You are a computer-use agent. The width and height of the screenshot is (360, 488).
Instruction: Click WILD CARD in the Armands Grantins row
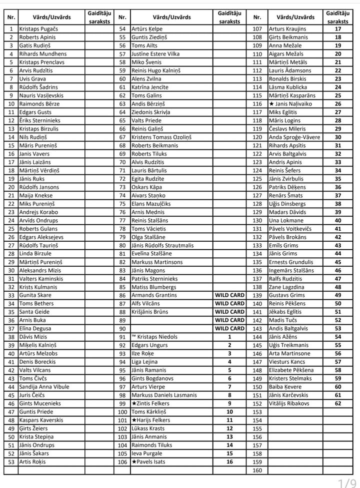click(229, 295)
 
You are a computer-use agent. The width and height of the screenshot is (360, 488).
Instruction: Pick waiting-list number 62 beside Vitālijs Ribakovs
click(338, 404)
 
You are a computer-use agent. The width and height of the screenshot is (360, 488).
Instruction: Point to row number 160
click(257, 470)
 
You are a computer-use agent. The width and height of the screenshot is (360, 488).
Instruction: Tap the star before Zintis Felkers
click(134, 404)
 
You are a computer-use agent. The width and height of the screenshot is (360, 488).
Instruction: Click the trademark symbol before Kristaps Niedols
click(134, 337)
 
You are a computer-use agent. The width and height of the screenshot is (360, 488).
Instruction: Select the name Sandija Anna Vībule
click(44, 387)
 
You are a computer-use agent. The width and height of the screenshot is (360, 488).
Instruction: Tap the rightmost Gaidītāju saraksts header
click(338, 17)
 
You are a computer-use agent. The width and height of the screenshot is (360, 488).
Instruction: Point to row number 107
click(257, 29)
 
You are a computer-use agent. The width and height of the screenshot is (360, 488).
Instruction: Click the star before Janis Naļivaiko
click(271, 104)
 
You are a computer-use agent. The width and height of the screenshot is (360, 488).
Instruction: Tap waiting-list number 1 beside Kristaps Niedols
click(229, 337)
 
